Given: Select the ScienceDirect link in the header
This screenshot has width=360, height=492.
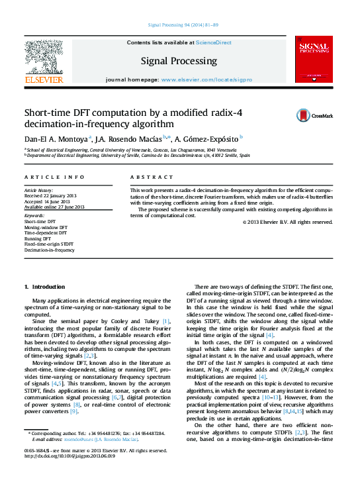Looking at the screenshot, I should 213,42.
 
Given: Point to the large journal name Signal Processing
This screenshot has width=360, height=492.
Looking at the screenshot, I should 180,61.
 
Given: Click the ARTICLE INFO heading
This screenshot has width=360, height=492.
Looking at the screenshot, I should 54,177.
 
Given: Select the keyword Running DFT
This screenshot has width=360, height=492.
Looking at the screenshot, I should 38,239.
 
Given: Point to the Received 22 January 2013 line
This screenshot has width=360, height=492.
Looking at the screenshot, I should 51,196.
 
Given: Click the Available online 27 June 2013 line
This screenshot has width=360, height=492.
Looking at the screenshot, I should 54,207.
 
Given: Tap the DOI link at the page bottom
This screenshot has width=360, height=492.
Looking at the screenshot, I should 69,475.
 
